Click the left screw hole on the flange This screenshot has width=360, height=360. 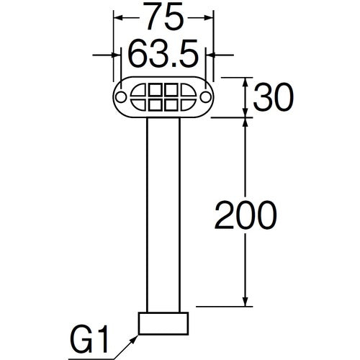click(x=122, y=96)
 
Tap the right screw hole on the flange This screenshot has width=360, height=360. click(x=204, y=96)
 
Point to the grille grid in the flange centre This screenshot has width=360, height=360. click(x=163, y=96)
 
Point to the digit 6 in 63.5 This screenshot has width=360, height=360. click(x=136, y=54)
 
